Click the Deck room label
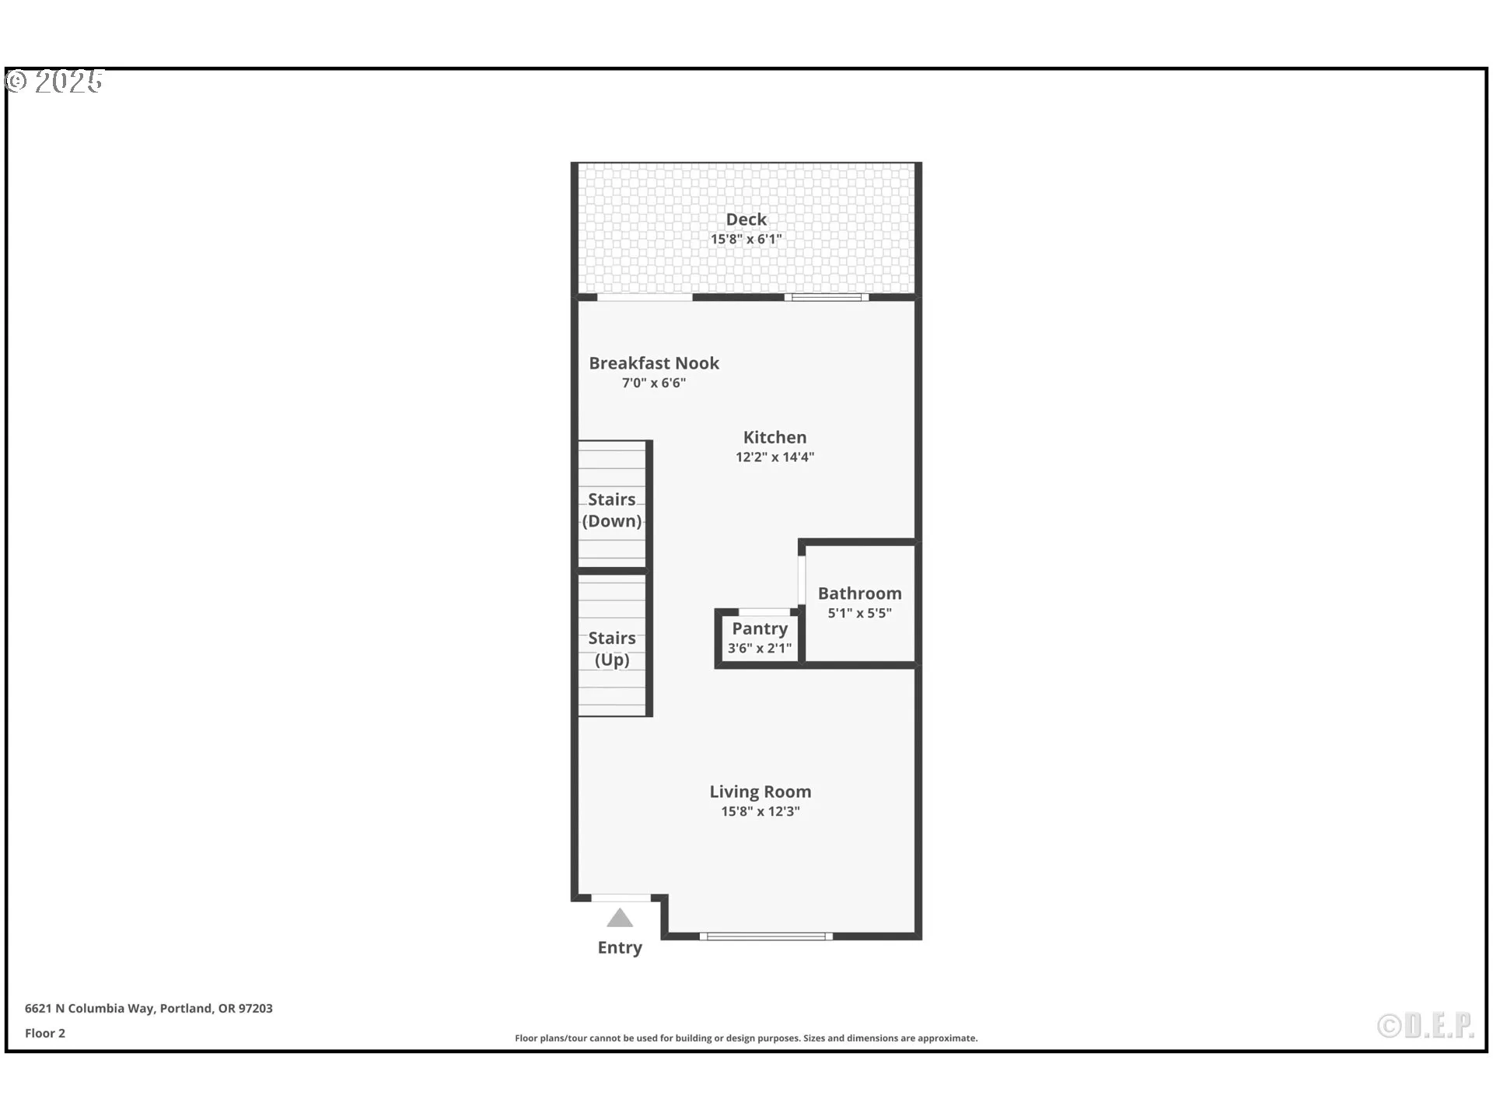(x=746, y=219)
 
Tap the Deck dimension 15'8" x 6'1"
(x=746, y=240)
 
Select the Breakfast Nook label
(x=653, y=363)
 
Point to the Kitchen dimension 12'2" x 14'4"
(x=774, y=457)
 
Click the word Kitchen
(x=774, y=437)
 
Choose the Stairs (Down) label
(x=612, y=510)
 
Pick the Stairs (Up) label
(x=612, y=649)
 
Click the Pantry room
(x=760, y=638)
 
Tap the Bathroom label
(x=859, y=593)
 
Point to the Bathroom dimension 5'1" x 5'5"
(x=859, y=613)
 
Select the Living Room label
(x=760, y=792)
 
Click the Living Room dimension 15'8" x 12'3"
(x=760, y=811)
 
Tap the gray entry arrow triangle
(x=620, y=919)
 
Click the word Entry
(x=620, y=947)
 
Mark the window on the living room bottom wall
(x=766, y=936)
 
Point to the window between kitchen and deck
(x=826, y=297)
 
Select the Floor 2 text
(x=45, y=1033)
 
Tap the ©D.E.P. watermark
(x=1425, y=1026)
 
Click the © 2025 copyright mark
(x=54, y=81)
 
